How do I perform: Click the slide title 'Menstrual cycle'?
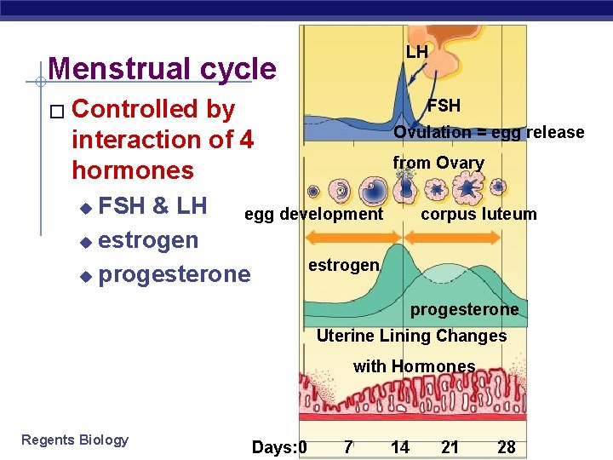162,69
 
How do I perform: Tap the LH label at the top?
417,53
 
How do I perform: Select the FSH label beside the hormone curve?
444,106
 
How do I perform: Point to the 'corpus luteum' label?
478,214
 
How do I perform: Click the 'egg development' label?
313,214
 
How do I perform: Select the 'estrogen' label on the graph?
343,265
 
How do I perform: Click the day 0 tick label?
302,447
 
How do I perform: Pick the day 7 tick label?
348,447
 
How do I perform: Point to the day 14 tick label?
399,447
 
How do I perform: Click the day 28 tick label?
507,447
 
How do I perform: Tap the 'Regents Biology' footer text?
75,440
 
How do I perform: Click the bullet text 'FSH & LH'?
152,206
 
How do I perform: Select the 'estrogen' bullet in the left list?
148,240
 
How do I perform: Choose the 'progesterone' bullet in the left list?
175,274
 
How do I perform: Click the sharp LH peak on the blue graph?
396,89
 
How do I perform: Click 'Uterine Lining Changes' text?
411,336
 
